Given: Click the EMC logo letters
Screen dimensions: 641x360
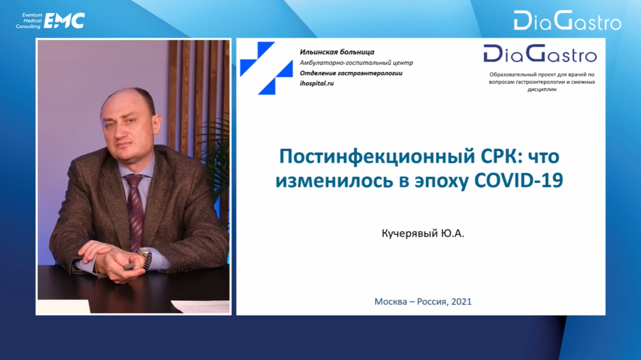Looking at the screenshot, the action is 64,21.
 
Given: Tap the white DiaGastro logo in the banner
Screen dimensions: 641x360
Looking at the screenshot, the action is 568,21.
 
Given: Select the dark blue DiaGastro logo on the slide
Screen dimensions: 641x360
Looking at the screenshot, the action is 540,54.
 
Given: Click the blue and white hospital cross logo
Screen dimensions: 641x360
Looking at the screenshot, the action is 266,68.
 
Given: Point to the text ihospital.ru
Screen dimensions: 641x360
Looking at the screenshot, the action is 317,83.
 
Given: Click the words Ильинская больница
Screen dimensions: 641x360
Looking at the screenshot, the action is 337,52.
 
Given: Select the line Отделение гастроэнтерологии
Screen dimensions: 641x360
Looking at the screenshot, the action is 351,73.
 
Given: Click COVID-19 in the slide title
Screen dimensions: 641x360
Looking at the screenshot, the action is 519,181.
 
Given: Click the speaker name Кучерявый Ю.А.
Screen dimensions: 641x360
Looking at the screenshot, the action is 423,234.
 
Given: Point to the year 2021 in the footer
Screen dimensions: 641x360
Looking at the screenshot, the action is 462,302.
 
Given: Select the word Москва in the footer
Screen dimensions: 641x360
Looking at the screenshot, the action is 391,302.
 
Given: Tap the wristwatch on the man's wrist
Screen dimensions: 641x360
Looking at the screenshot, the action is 146,257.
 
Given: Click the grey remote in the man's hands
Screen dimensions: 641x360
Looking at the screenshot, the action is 129,266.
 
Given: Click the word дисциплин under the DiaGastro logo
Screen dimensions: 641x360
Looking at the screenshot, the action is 542,89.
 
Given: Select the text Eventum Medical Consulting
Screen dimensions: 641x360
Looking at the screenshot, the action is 29,21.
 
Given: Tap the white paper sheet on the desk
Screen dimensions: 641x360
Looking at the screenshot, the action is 202,307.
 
